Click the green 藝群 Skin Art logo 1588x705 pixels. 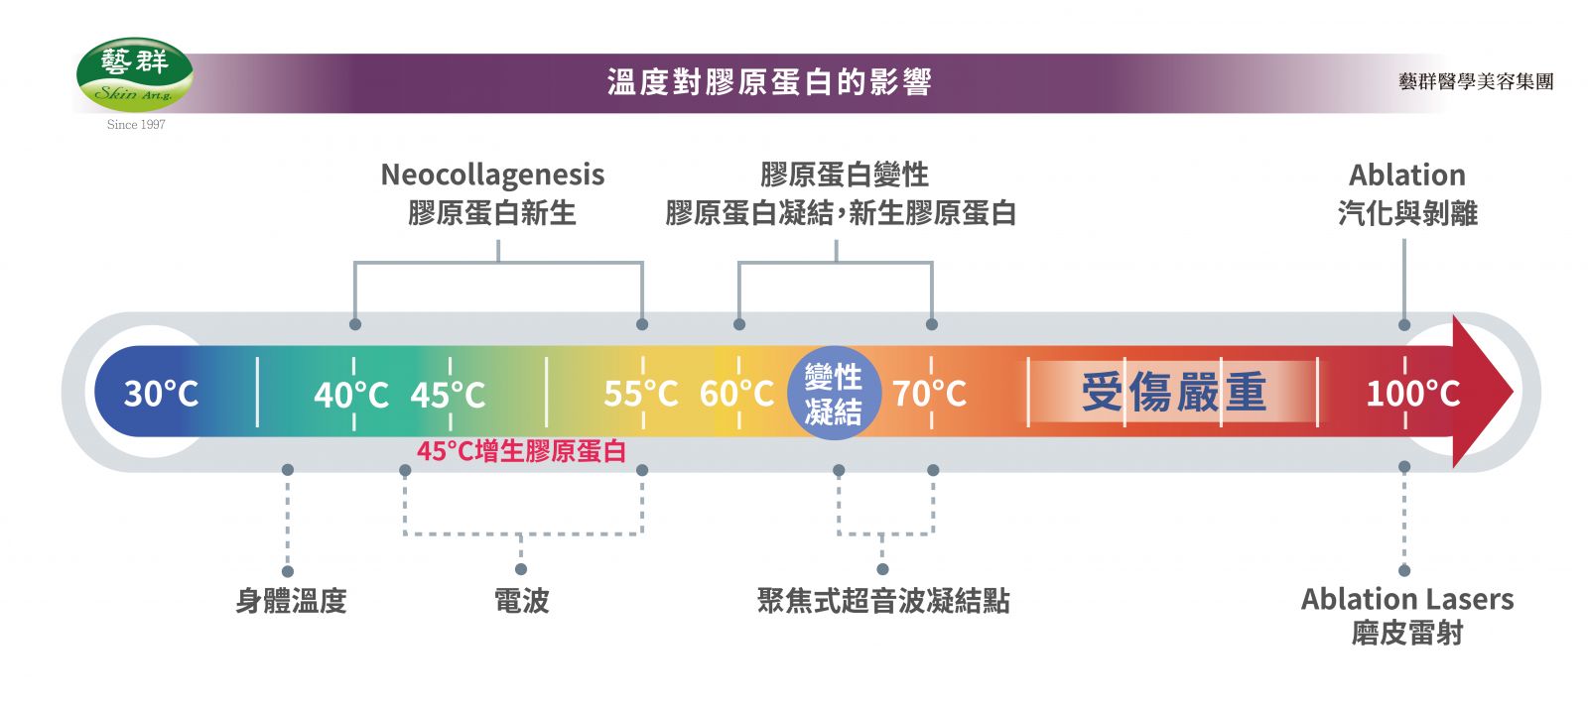tap(135, 74)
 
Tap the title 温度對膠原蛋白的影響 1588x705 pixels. tap(769, 82)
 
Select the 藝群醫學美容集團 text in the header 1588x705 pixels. tap(1476, 82)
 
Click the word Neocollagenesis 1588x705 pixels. tap(492, 176)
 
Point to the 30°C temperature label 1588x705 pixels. tap(161, 394)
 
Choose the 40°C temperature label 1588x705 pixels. tap(351, 395)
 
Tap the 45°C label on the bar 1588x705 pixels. tap(448, 395)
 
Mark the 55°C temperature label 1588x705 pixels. tap(641, 394)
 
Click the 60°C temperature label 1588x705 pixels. tap(736, 394)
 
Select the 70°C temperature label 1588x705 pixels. tap(929, 394)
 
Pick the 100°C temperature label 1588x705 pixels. tap(1412, 394)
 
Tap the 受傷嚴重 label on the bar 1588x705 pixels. tap(1173, 393)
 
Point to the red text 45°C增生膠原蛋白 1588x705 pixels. tap(521, 452)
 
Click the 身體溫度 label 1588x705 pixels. tap(291, 601)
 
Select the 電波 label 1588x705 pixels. tap(521, 601)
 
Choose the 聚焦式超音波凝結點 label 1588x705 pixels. tap(883, 601)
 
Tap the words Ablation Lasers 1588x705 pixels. tap(1407, 599)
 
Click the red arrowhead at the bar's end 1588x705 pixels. tap(1483, 392)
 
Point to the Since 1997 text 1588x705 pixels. tap(136, 125)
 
